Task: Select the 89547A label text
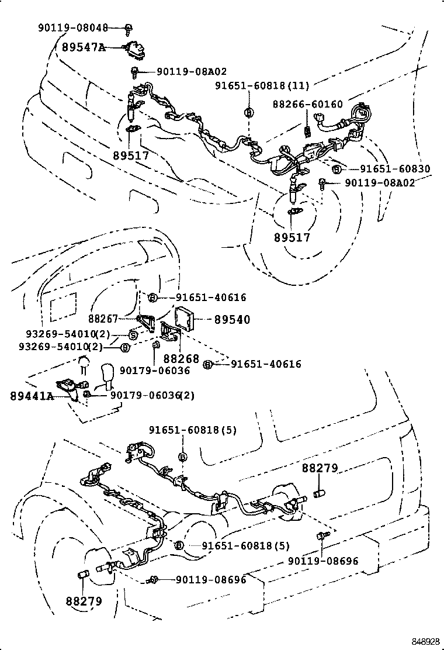84,47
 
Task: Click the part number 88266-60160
308,104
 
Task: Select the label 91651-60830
395,169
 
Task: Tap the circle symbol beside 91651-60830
336,170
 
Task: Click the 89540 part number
232,320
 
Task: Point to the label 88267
103,319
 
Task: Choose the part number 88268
181,358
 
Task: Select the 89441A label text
32,396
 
